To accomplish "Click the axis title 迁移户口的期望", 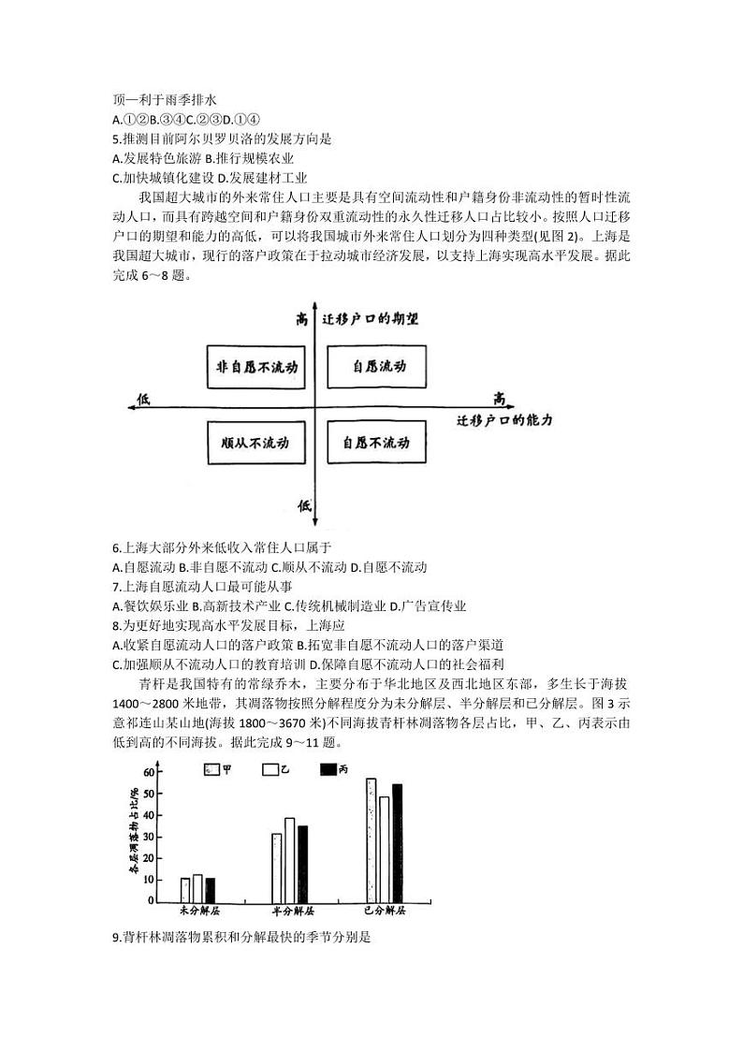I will tap(370, 319).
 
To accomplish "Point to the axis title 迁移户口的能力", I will tap(504, 420).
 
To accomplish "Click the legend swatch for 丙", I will tap(328, 769).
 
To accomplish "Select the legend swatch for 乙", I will tap(271, 769).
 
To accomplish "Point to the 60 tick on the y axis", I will tap(148, 773).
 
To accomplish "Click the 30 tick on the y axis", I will tap(148, 837).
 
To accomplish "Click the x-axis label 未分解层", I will tap(200, 911).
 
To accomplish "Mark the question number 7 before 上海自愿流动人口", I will tap(115, 587).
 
